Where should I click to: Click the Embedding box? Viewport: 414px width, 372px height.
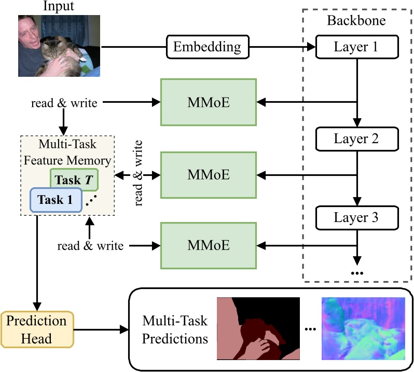coord(207,47)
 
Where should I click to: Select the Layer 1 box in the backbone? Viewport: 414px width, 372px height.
coord(356,47)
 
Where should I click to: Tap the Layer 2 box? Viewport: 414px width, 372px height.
coord(356,139)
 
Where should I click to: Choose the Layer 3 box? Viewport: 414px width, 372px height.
coord(356,217)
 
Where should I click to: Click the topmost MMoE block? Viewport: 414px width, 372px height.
coord(208,102)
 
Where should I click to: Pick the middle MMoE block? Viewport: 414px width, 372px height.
coord(208,175)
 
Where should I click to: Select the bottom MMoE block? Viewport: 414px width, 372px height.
coord(208,245)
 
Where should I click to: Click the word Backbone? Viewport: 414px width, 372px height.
coord(356,21)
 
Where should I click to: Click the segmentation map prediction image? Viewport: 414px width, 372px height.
coord(258,328)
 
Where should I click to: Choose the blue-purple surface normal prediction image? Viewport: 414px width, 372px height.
coord(363,328)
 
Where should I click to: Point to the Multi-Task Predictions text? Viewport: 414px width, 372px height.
coord(175,330)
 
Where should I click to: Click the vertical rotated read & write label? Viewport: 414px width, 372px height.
coord(140,172)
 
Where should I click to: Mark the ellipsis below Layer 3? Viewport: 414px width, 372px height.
coord(357,272)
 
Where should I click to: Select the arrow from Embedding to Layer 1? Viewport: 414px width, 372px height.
coord(283,47)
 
